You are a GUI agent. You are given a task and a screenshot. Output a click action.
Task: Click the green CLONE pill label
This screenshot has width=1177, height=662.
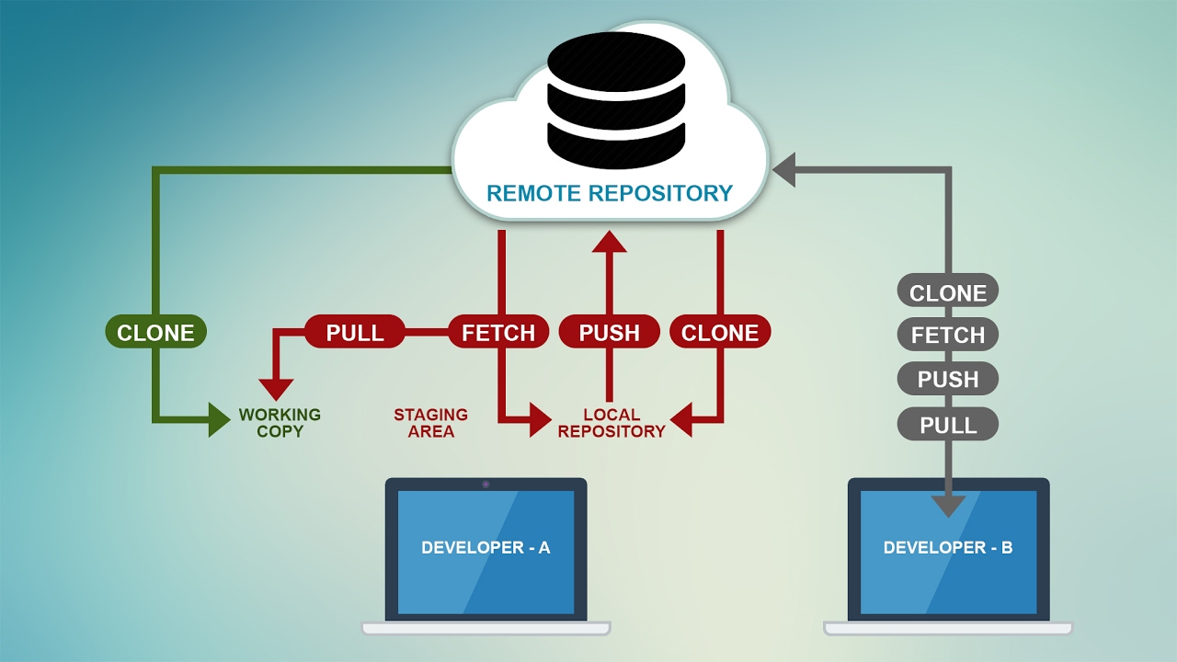point(155,332)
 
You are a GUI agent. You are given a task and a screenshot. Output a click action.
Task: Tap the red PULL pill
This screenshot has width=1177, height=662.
point(355,332)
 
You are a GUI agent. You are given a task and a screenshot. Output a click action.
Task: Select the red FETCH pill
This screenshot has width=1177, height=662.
point(498,332)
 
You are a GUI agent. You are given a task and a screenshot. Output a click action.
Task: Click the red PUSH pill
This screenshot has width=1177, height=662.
point(609,332)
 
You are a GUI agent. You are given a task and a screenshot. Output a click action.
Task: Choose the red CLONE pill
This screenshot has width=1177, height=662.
point(720,332)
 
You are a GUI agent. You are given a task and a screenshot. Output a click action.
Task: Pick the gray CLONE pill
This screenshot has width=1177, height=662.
point(947,292)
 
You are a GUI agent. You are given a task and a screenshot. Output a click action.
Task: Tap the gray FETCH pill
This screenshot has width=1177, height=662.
point(947,336)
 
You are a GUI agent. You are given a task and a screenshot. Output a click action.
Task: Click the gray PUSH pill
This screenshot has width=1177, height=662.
point(947,379)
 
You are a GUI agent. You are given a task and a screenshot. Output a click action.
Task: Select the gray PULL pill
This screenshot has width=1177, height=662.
point(947,424)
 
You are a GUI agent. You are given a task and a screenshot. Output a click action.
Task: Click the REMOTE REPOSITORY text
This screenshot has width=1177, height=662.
point(609,193)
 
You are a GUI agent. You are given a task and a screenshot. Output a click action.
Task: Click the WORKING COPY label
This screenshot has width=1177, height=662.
point(280,423)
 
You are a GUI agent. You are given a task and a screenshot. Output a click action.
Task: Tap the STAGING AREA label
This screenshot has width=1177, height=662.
point(430,423)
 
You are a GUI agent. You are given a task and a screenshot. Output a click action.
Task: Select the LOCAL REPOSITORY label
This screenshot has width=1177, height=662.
point(611,423)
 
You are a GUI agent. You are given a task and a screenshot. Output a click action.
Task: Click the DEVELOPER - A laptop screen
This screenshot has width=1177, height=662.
point(486,548)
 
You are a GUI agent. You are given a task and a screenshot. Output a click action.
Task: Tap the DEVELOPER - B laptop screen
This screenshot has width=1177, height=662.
point(948,548)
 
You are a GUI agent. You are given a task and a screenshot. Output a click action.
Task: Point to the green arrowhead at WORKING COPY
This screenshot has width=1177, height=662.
point(219,419)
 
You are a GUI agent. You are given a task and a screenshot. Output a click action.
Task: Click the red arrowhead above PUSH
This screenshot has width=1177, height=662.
point(609,241)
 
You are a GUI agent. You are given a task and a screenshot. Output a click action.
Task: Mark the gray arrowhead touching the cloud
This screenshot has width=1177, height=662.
point(783,170)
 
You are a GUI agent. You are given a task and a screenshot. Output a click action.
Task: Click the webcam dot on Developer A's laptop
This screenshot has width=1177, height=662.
point(486,484)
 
